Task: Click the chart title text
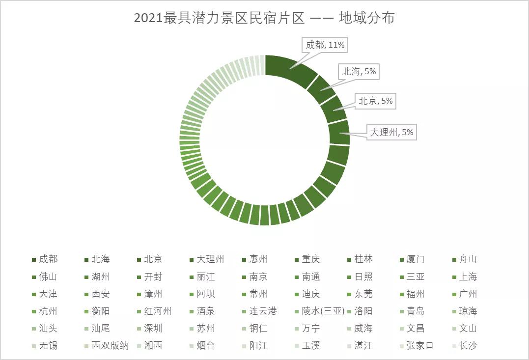coord(264,18)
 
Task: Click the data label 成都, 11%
coord(325,45)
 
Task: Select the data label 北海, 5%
coord(359,72)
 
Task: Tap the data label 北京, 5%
coord(376,101)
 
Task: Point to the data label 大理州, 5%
coord(391,132)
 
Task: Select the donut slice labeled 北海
coord(320,89)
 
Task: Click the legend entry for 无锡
coord(48,345)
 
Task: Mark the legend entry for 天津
coord(48,294)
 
